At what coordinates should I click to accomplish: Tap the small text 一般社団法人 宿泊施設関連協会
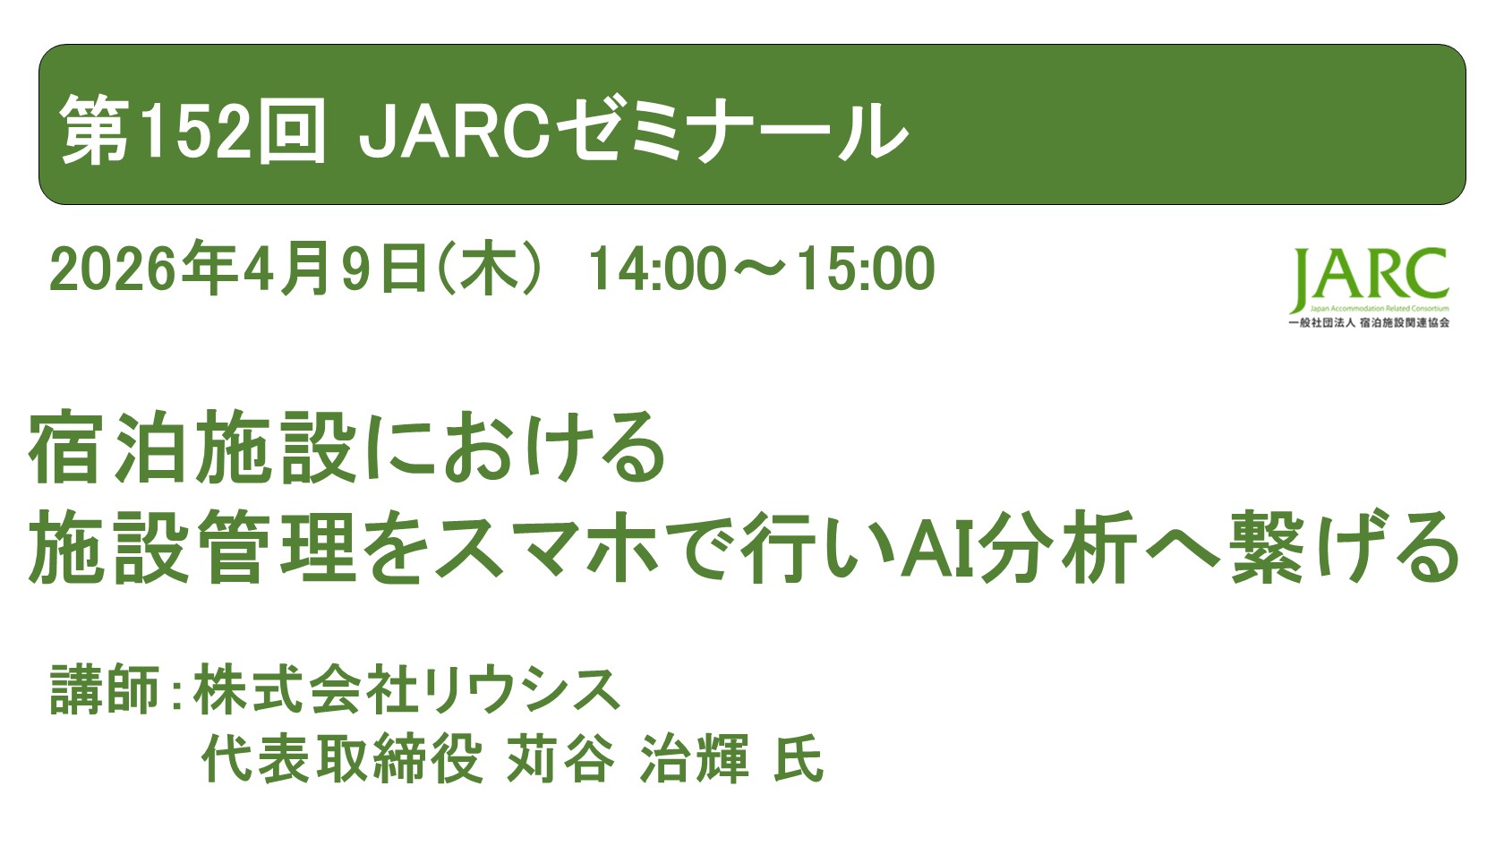coord(1368,322)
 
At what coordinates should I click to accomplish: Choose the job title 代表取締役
coord(342,759)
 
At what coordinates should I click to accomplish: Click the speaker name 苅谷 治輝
coord(628,759)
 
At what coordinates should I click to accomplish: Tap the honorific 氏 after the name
coord(798,759)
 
